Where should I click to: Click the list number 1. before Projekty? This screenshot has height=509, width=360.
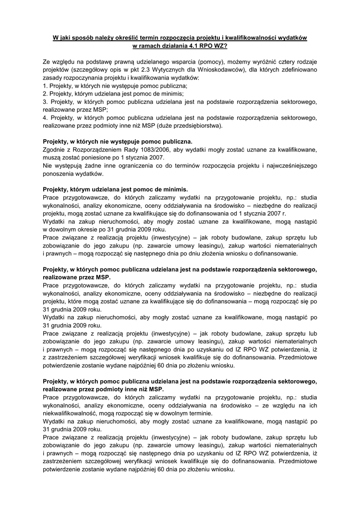(x=46, y=85)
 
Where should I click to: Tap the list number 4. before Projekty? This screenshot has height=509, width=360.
(x=46, y=118)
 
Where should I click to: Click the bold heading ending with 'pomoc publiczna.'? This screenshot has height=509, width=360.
(x=117, y=141)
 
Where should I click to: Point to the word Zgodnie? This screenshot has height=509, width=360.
(x=54, y=149)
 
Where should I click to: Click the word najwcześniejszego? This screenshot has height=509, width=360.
(x=287, y=166)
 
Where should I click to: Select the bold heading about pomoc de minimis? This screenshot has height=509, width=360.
(x=115, y=189)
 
